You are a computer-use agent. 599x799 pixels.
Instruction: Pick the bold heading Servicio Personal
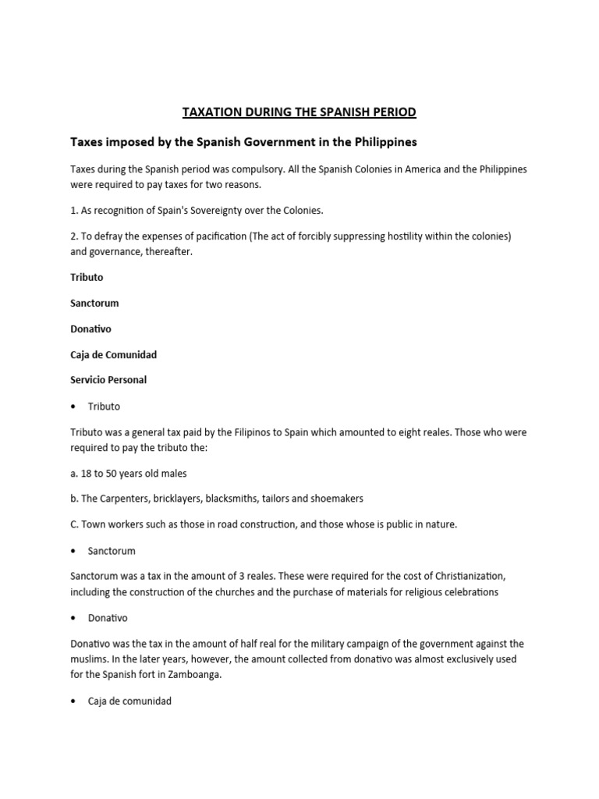pyautogui.click(x=108, y=380)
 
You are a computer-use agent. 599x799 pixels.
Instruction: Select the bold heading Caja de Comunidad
pyautogui.click(x=113, y=354)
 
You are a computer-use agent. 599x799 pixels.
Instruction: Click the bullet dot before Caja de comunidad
pyautogui.click(x=73, y=701)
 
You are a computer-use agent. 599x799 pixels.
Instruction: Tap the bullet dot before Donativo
pyautogui.click(x=73, y=618)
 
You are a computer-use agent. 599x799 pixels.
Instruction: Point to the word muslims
pyautogui.click(x=90, y=659)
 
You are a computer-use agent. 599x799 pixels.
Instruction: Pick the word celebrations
pyautogui.click(x=461, y=591)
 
